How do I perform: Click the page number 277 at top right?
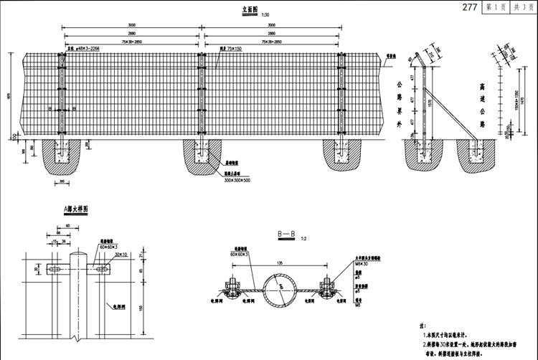[470, 7]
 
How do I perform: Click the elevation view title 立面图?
[250, 11]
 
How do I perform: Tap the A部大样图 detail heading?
[76, 209]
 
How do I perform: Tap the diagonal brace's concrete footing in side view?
[476, 156]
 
